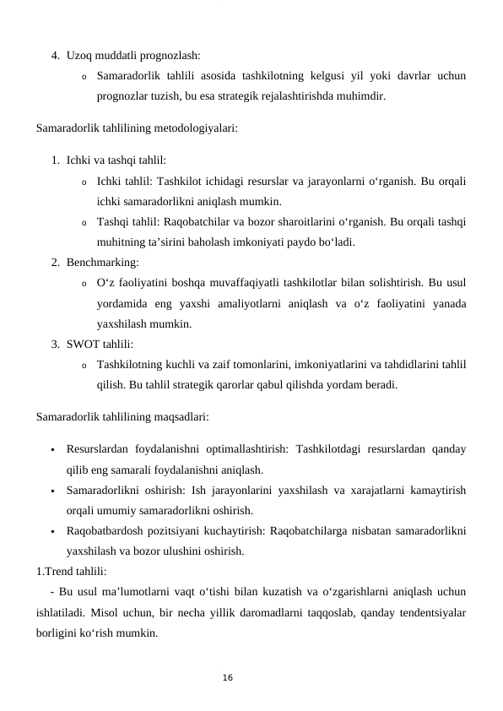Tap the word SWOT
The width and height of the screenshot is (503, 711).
81,344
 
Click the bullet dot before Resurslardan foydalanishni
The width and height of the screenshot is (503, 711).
51,449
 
